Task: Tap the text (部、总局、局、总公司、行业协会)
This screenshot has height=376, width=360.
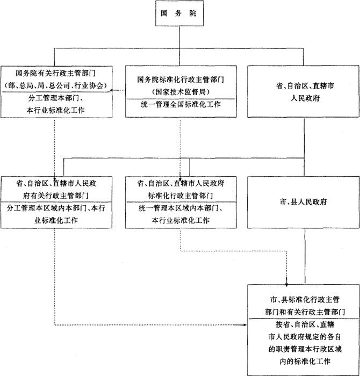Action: click(56, 85)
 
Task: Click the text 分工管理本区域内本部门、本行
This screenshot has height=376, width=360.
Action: click(56, 208)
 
